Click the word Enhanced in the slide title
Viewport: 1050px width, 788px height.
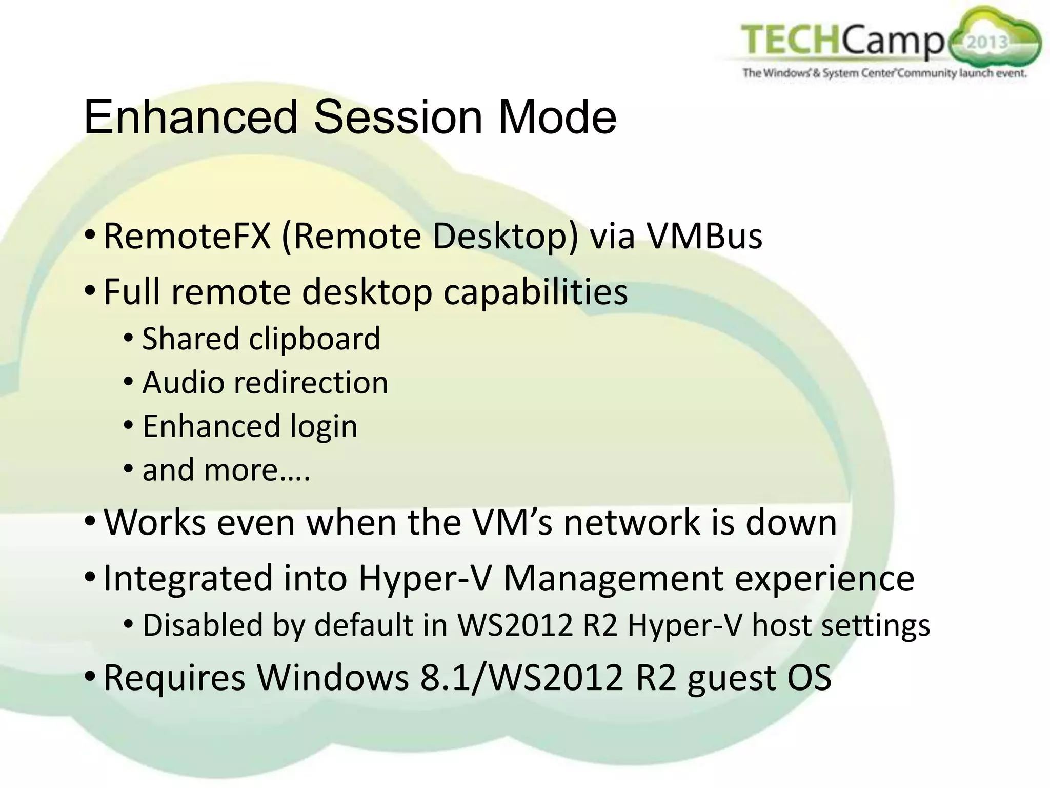click(190, 117)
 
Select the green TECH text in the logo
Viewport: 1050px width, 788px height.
click(790, 41)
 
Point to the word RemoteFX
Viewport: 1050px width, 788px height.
click(187, 237)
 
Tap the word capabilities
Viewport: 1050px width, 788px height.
click(535, 292)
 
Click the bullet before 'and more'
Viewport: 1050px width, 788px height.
click(129, 469)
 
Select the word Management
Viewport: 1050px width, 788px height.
click(614, 579)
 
